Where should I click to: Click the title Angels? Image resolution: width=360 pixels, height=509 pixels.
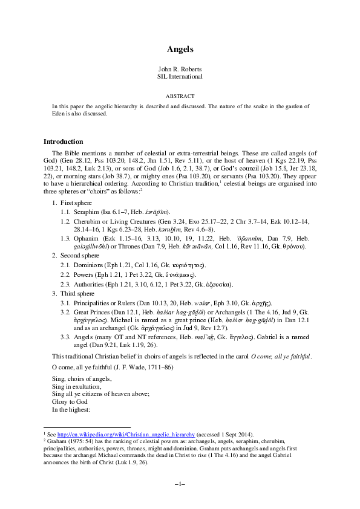(x=180, y=48)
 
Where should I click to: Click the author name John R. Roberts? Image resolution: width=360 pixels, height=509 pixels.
(x=180, y=69)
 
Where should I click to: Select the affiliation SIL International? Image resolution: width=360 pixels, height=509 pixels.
(x=180, y=76)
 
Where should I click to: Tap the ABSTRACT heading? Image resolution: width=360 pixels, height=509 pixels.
(x=180, y=96)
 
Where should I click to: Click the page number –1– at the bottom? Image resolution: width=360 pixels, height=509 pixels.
(x=180, y=484)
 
